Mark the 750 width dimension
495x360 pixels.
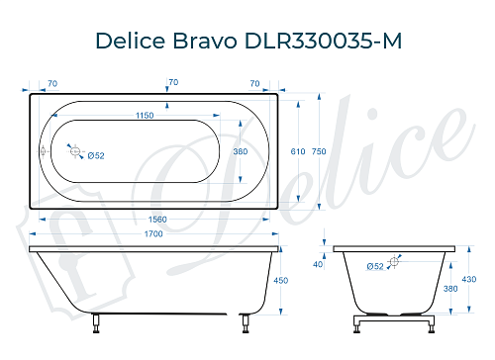[320, 151]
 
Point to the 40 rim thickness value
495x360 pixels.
[318, 264]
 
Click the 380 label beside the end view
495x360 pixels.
[451, 289]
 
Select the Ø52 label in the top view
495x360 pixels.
[96, 156]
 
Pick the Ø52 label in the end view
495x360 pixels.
[375, 266]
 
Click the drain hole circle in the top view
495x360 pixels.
[73, 150]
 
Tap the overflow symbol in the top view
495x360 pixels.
[42, 151]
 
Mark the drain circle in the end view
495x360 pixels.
[395, 261]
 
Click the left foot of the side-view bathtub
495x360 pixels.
[96, 319]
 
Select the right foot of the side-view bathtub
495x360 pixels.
[242, 319]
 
